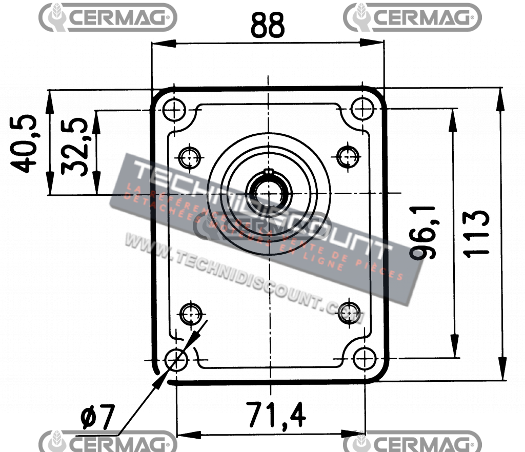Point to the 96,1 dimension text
click(425, 233)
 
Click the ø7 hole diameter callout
click(98, 418)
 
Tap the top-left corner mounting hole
click(174, 109)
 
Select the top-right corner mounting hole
click(362, 108)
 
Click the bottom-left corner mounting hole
click(176, 360)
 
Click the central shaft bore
click(267, 193)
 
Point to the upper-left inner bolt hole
click(190, 156)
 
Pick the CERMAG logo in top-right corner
click(412, 17)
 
